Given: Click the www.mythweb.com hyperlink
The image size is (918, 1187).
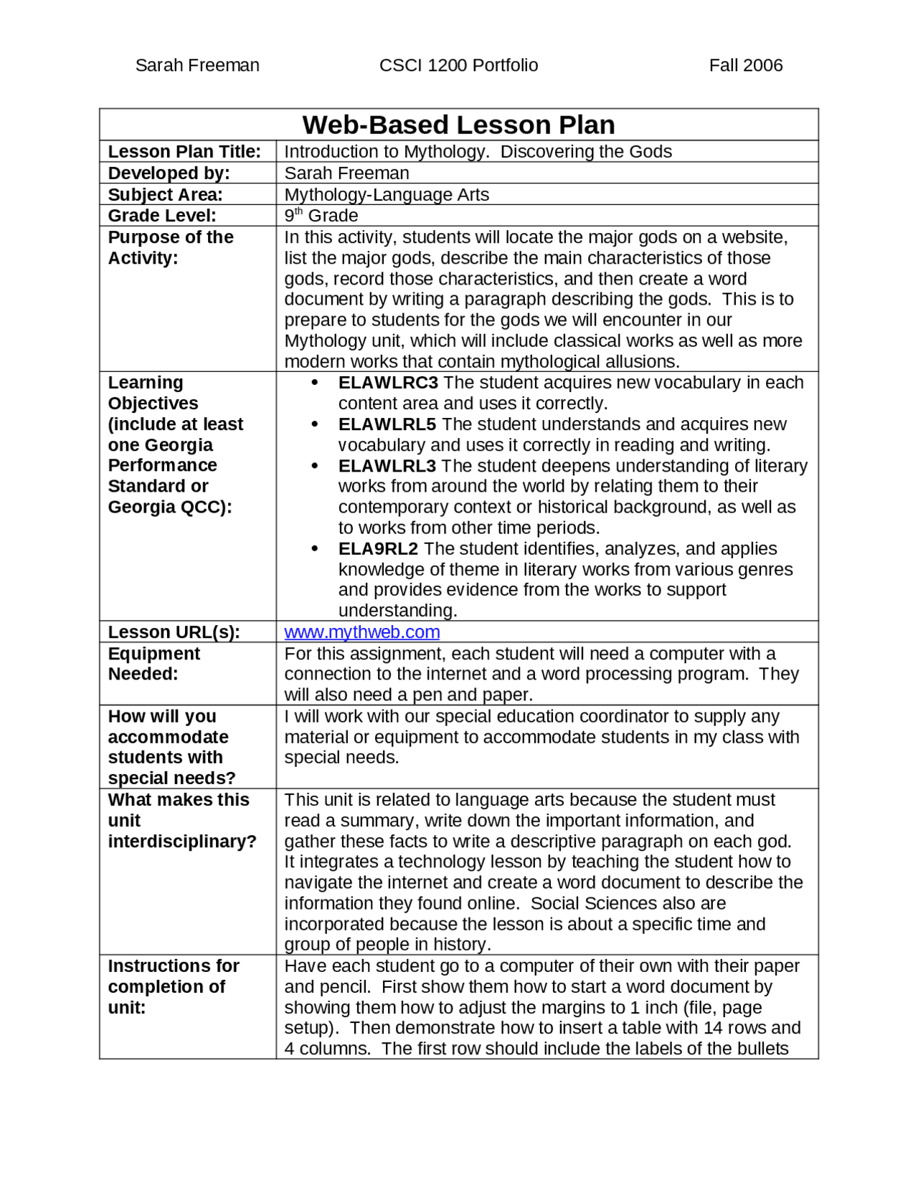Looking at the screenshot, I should point(361,631).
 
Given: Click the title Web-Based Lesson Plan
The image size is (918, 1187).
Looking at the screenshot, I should point(458,125).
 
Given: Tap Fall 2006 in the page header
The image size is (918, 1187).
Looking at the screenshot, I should point(745,65).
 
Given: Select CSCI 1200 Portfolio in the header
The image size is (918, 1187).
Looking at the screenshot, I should point(458,65).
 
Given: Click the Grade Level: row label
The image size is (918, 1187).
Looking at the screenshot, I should point(161,216).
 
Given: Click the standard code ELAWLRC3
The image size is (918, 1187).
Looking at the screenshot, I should point(387,383).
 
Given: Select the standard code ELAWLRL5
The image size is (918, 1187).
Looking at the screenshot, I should point(387,424).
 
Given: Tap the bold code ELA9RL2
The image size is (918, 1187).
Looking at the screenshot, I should point(378,549).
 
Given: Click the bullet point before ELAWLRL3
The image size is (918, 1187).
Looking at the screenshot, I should point(314,466).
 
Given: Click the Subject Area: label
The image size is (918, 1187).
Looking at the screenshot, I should point(165,195).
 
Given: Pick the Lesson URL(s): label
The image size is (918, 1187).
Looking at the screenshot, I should point(174,632).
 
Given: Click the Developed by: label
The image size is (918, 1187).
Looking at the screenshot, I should point(169,173).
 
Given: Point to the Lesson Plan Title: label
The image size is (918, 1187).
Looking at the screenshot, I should point(184,152).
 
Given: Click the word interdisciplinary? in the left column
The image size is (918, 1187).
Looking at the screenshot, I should point(182,842).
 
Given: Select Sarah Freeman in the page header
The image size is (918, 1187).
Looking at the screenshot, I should point(197,65).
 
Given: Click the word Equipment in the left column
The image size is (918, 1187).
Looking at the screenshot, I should point(153,654).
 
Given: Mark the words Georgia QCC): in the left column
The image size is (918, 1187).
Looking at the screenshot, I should point(170,507).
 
